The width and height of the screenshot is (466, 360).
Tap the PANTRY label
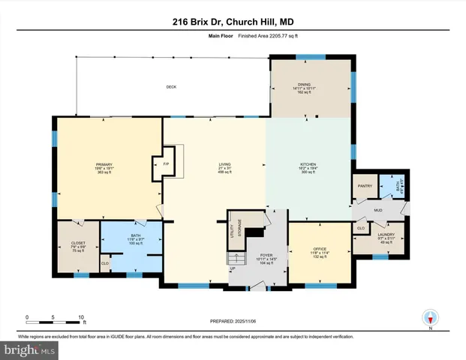tap(365, 186)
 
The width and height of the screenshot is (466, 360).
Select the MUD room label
tap(380, 211)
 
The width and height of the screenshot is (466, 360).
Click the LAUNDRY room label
tap(386, 235)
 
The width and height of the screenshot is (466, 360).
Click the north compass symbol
tap(430, 318)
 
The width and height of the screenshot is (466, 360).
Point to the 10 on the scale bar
tap(80, 317)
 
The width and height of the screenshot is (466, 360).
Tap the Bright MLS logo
tap(30, 349)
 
